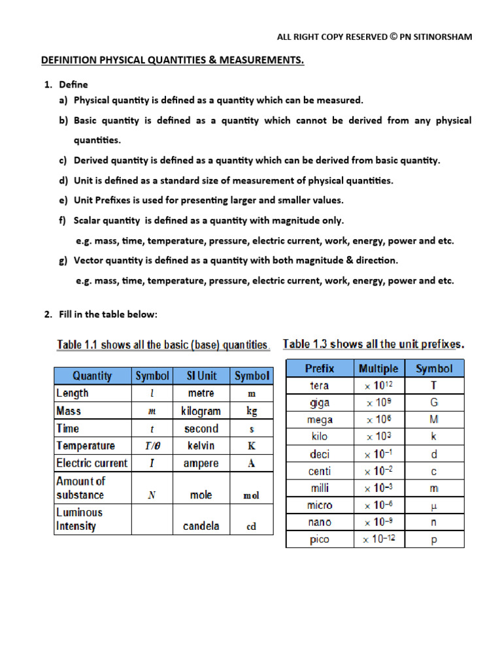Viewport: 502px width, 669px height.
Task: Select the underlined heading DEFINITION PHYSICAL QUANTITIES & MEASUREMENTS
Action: pos(173,61)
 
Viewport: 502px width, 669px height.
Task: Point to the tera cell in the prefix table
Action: pos(320,385)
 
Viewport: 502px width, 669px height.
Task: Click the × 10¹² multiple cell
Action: pos(379,385)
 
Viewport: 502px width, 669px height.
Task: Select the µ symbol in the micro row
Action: pos(434,505)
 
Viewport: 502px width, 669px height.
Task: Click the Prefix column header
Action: pos(320,368)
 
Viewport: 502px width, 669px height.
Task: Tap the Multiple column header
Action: pos(378,368)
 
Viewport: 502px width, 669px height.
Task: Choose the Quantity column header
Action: pos(92,376)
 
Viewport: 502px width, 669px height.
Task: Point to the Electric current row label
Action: pos(92,463)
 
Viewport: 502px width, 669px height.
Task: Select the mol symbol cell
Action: pos(251,496)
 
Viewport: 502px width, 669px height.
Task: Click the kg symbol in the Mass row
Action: pos(251,412)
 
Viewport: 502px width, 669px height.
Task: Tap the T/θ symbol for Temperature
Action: pos(152,446)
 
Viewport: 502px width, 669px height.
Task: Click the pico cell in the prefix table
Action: pos(320,540)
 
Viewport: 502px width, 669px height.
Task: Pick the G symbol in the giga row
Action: pos(434,403)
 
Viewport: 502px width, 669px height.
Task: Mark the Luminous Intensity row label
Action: pos(80,519)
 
